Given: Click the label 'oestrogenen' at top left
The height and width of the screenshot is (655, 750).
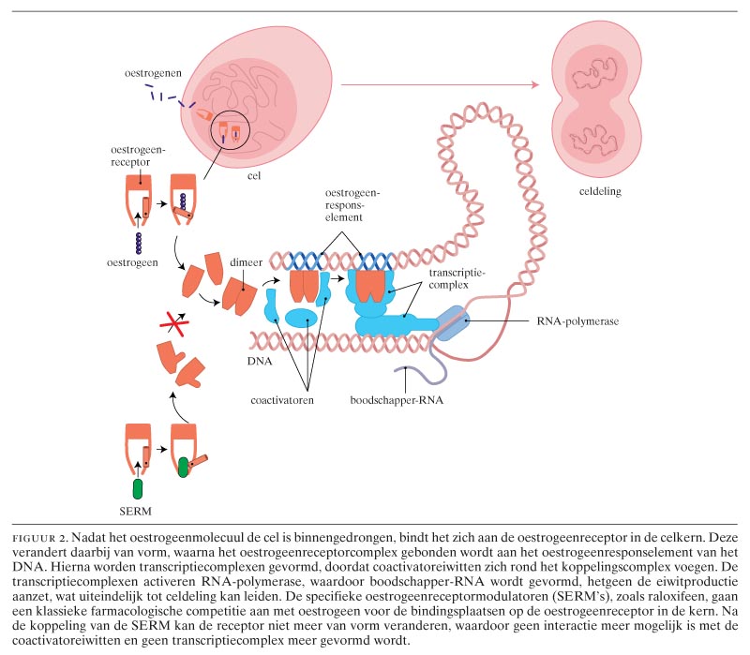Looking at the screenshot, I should coord(157,73).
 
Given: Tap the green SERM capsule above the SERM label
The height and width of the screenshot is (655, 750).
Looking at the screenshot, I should coord(139,488).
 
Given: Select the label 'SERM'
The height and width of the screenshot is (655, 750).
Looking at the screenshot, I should coord(139,511).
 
